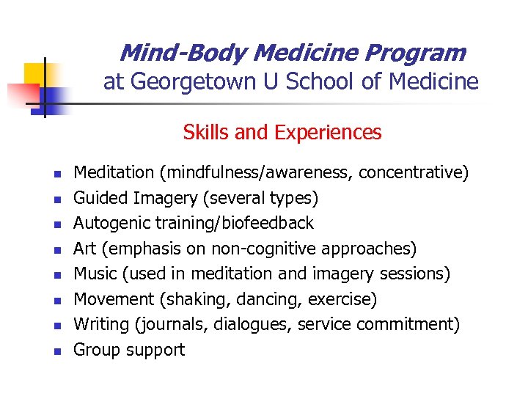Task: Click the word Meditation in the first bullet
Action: click(114, 172)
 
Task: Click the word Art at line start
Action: click(86, 249)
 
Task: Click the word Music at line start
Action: click(95, 274)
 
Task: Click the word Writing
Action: click(102, 324)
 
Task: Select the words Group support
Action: click(129, 350)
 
